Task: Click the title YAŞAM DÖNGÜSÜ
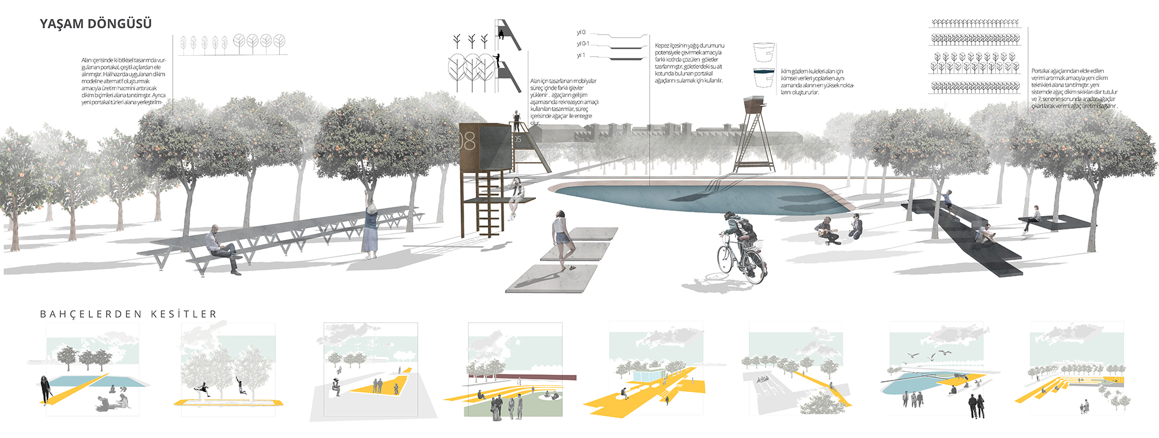pos(96,24)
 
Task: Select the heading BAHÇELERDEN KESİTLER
pos(128,314)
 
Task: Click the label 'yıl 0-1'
pos(582,44)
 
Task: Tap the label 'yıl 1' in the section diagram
pos(581,56)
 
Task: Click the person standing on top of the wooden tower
pos(516,121)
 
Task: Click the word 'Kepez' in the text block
pos(662,45)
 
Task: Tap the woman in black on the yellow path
pos(44,389)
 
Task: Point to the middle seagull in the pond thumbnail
pos(932,356)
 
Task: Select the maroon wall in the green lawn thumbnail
pos(522,376)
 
